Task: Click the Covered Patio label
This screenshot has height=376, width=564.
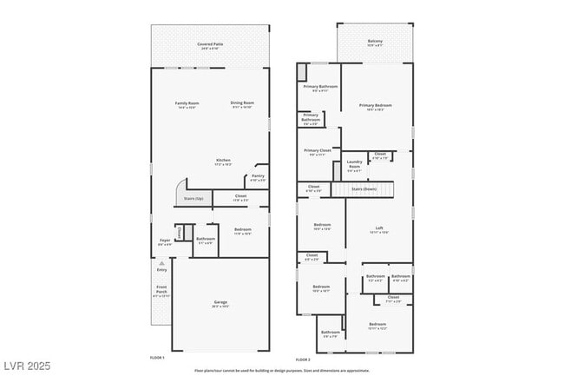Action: [x=210, y=44]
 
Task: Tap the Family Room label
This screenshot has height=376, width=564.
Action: [x=186, y=104]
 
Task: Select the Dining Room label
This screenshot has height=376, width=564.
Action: [x=242, y=104]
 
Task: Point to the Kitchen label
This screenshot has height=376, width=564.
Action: [x=224, y=162]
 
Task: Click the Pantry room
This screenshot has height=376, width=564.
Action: [x=258, y=178]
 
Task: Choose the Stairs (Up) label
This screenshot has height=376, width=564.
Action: [x=193, y=199]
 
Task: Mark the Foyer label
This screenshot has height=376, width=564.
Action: [x=164, y=244]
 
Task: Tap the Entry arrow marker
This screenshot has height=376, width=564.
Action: [x=161, y=261]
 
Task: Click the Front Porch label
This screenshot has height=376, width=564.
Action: [x=161, y=291]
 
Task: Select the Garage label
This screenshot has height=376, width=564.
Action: [x=221, y=304]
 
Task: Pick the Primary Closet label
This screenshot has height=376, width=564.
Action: [x=318, y=152]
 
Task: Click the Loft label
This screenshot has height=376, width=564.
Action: [x=378, y=230]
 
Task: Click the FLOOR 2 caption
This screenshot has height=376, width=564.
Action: [x=303, y=360]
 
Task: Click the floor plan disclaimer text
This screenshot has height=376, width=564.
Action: [x=281, y=368]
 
